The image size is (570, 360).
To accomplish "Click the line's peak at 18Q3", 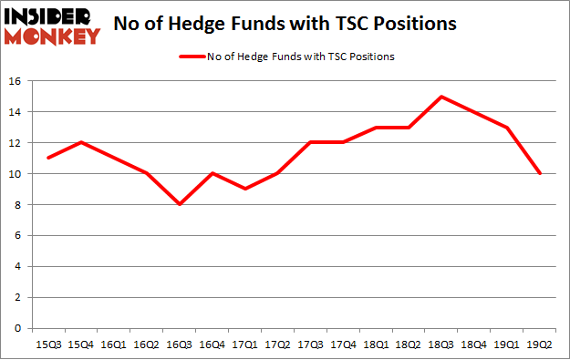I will (441, 97).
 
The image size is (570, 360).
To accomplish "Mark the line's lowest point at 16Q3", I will (179, 204).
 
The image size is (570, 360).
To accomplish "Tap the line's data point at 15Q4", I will (80, 142).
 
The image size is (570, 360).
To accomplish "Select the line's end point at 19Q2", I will (541, 173).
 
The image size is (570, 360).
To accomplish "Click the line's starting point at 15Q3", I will (47, 158).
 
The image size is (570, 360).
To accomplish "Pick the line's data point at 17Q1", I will (244, 189).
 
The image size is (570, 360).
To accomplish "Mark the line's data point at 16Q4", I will (212, 173).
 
